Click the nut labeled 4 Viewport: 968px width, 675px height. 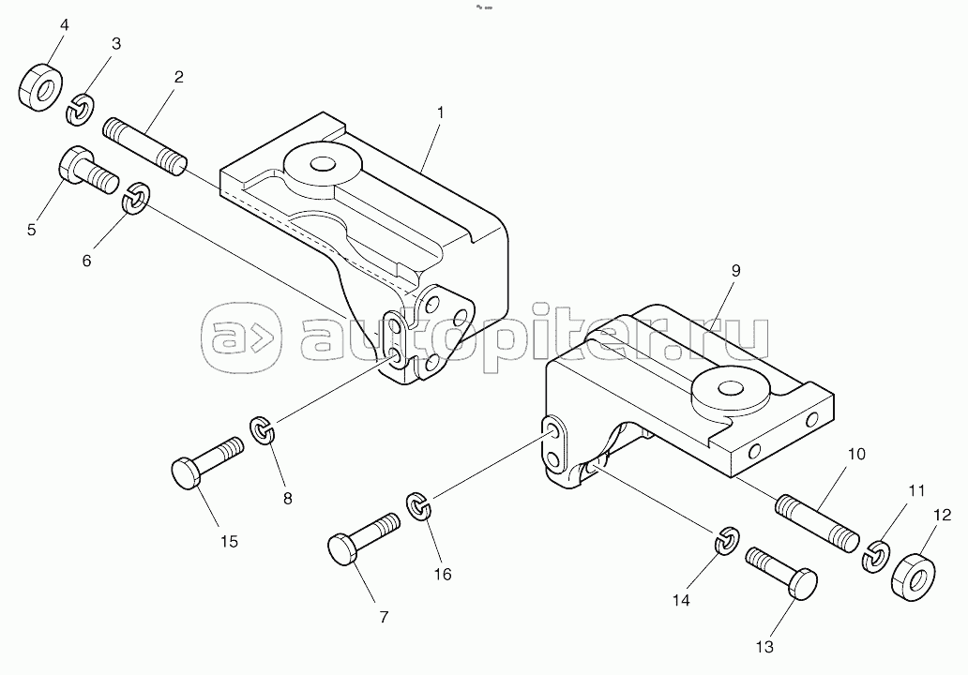coord(40,86)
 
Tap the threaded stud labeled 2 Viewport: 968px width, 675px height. coord(144,146)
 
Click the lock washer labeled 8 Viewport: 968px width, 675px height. coord(263,429)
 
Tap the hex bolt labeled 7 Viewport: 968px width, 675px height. coord(362,537)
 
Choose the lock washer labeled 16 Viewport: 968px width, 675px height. coord(418,505)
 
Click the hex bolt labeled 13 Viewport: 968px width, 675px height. coord(781,572)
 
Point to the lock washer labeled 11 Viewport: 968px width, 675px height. coord(875,555)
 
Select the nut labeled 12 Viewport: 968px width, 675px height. coord(913,577)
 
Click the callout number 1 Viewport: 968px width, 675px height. coord(440,112)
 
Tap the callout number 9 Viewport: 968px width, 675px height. coord(734,270)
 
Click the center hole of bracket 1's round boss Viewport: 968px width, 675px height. coord(321,163)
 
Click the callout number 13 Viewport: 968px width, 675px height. coord(764,647)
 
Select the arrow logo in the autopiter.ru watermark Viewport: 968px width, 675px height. coord(241,337)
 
